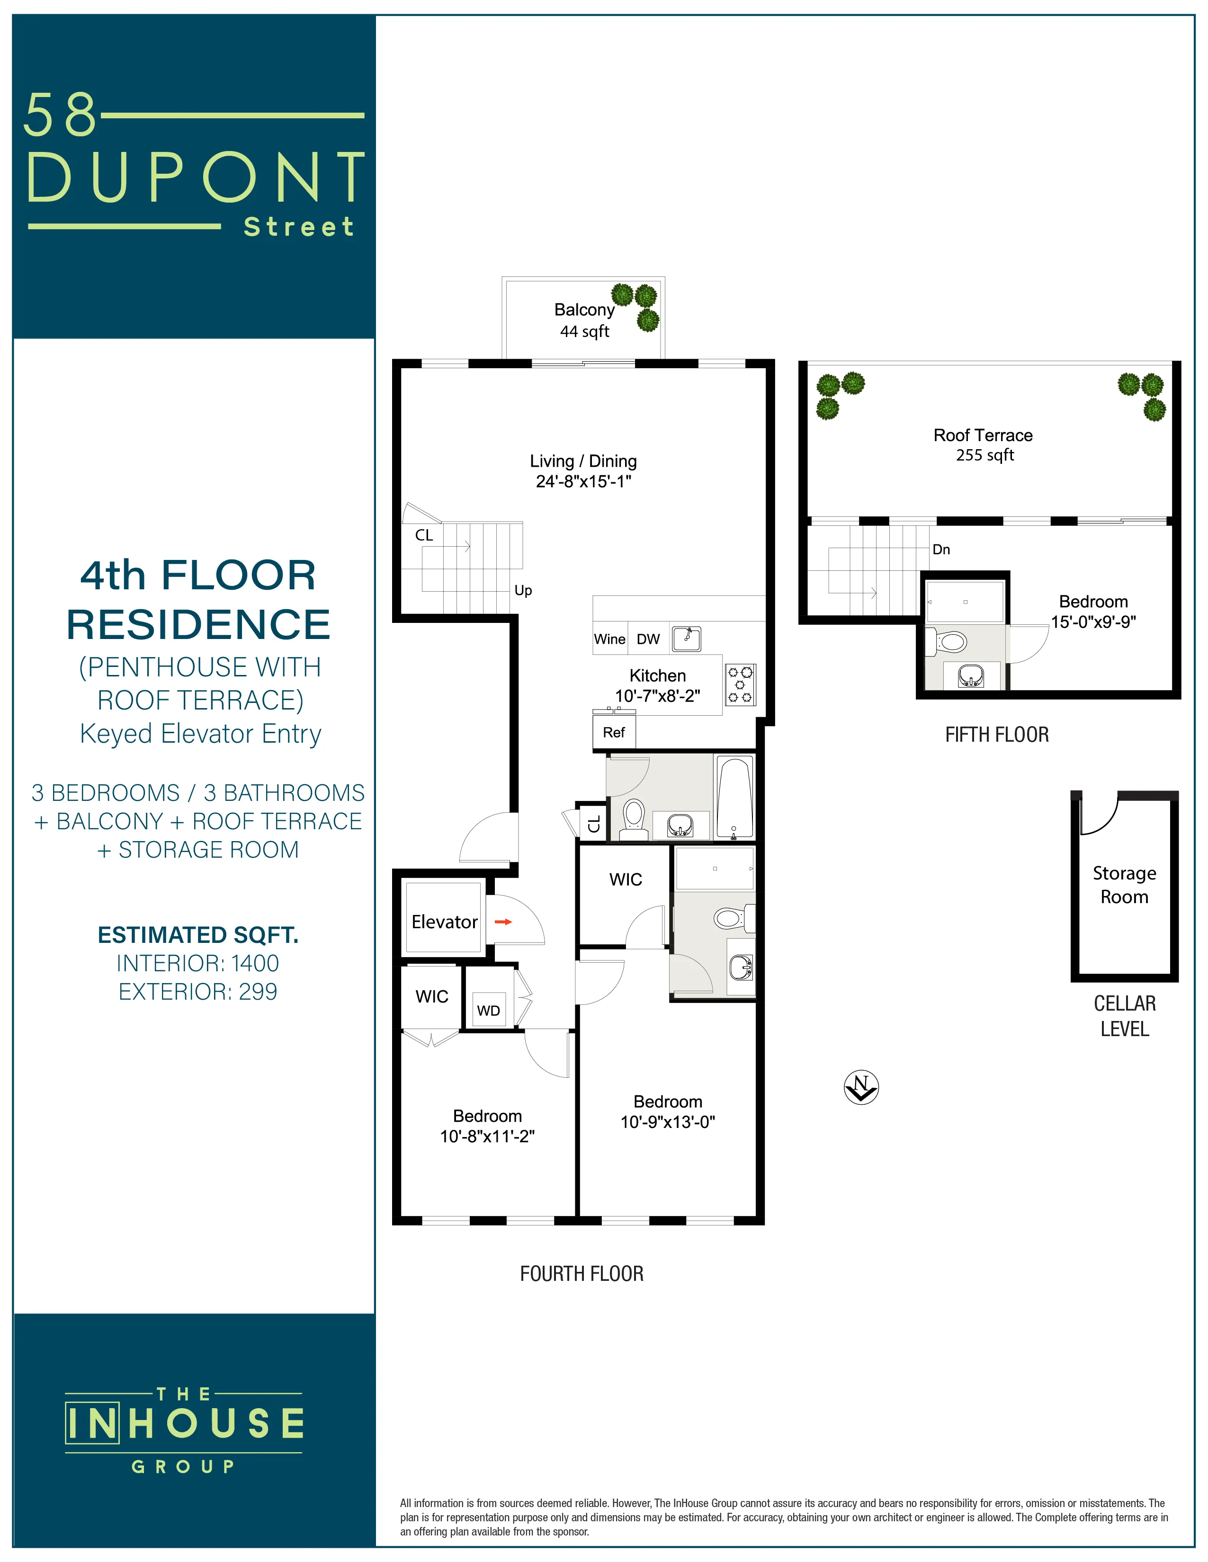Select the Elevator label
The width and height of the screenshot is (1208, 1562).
pyautogui.click(x=444, y=922)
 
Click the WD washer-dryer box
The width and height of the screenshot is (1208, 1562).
pyautogui.click(x=488, y=1010)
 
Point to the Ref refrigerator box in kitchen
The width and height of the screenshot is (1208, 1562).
pyautogui.click(x=613, y=732)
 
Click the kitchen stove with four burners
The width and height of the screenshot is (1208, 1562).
pyautogui.click(x=740, y=684)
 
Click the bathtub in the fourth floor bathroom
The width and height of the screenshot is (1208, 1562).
pyautogui.click(x=734, y=797)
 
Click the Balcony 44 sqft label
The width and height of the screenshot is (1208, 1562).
pyautogui.click(x=584, y=319)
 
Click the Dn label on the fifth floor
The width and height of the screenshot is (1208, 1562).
pyautogui.click(x=940, y=549)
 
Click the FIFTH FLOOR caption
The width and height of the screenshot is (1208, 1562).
pyautogui.click(x=996, y=735)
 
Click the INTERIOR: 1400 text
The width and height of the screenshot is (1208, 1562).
pyautogui.click(x=197, y=963)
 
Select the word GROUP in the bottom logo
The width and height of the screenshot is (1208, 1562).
pyautogui.click(x=183, y=1466)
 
